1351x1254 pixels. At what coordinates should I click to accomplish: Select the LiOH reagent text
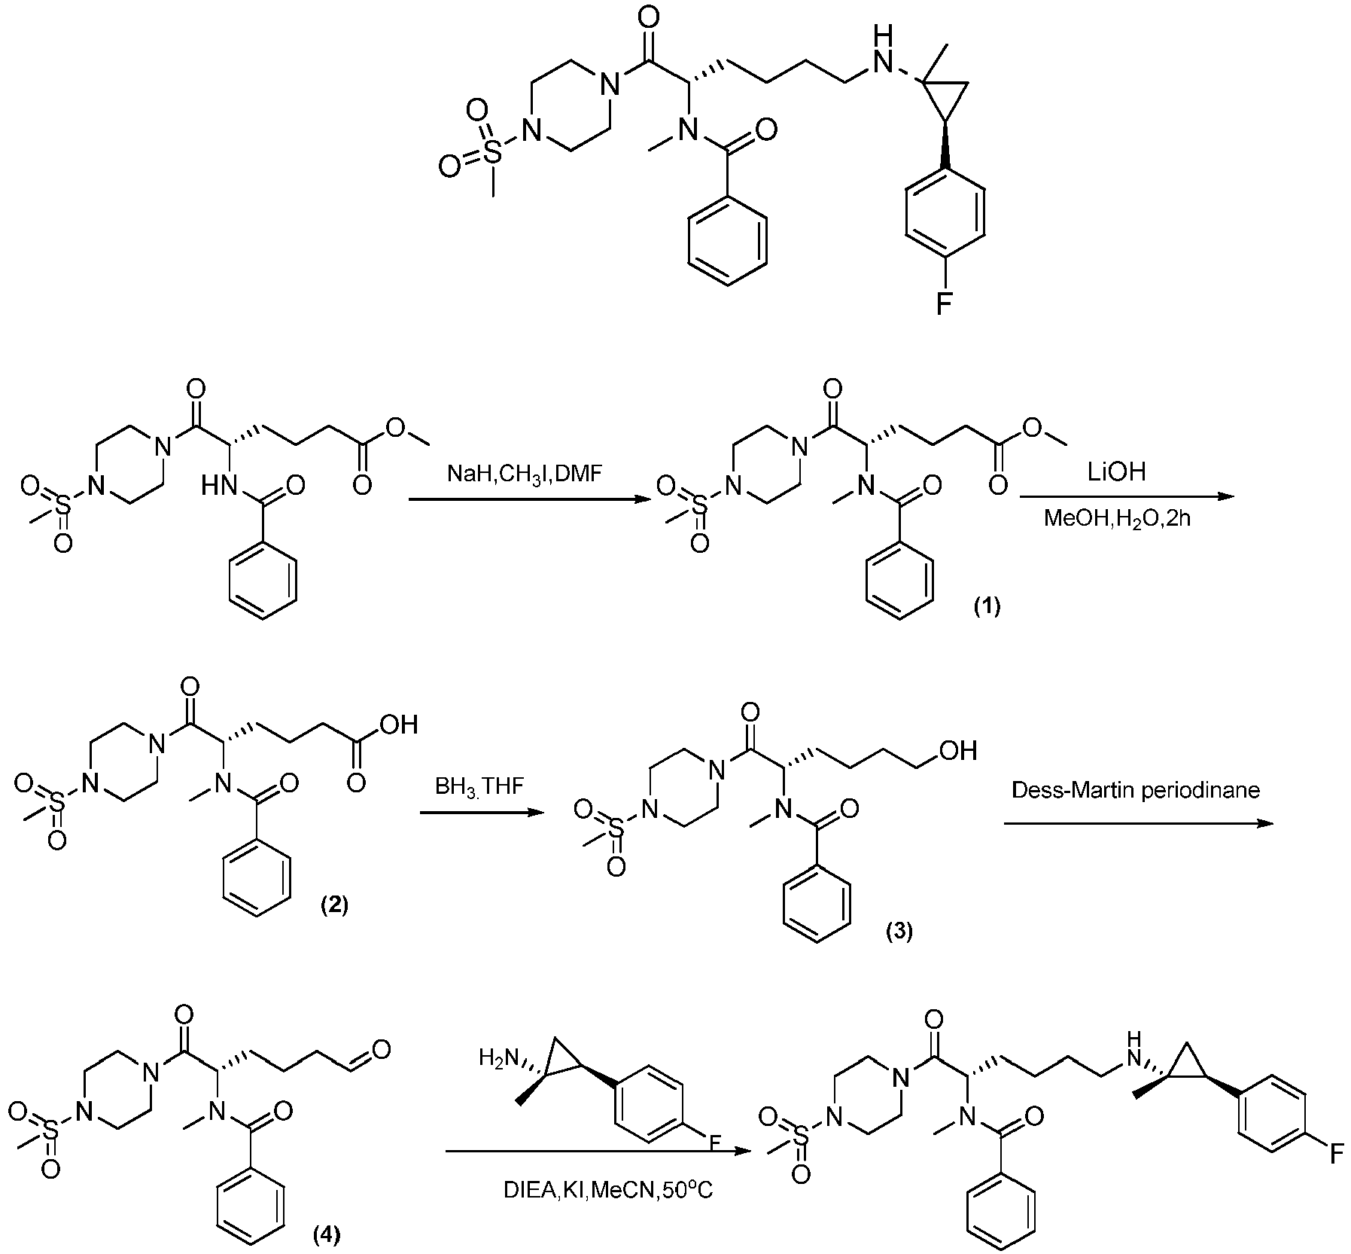[x=1116, y=471]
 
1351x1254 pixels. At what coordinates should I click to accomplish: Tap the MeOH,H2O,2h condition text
[x=1117, y=518]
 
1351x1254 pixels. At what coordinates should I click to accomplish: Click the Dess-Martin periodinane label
[x=1136, y=790]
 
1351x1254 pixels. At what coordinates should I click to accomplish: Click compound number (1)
[x=987, y=606]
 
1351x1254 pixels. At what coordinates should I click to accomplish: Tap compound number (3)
[x=898, y=932]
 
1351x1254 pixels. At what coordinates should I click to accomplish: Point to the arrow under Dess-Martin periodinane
[x=1137, y=823]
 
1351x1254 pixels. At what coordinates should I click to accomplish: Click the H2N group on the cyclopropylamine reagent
[x=497, y=1058]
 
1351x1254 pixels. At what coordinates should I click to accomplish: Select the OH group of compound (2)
[x=399, y=725]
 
